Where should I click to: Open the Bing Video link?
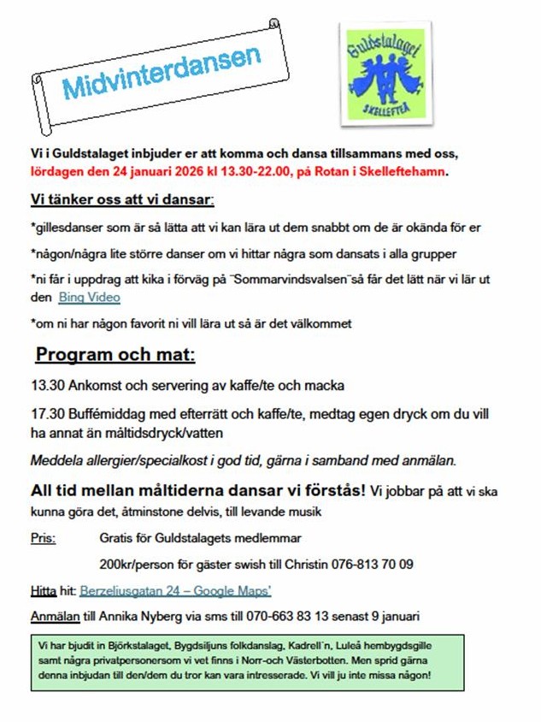point(89,298)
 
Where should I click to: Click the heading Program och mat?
point(115,355)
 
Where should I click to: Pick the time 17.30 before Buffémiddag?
point(45,414)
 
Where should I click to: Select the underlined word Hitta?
point(44,590)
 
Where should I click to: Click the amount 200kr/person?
point(142,564)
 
